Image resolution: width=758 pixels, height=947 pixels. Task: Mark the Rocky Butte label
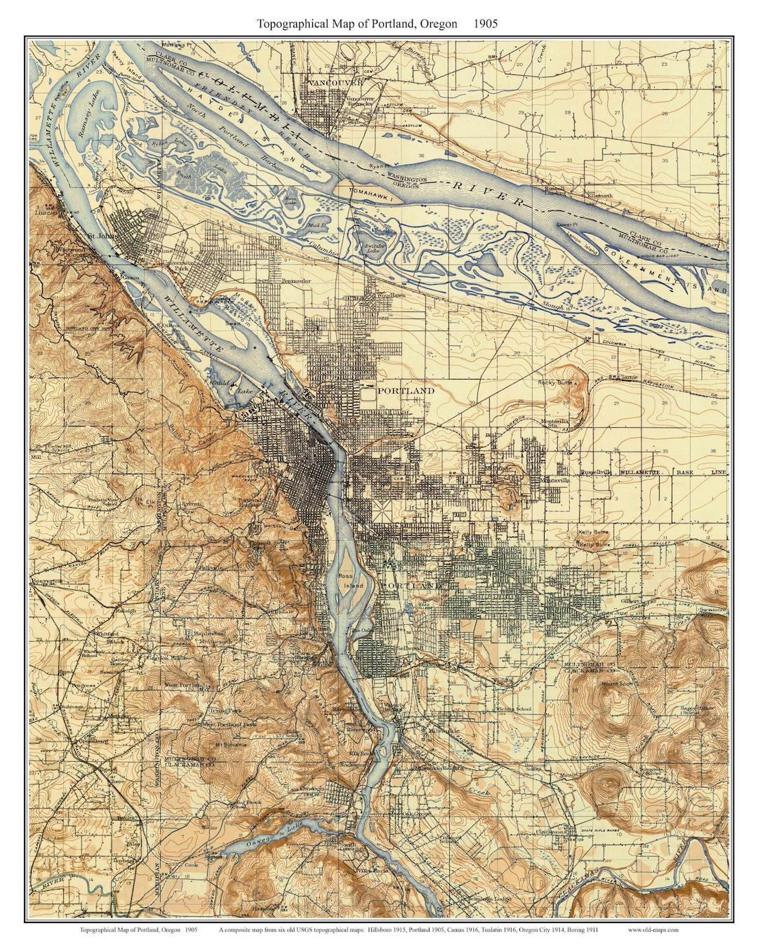(x=556, y=382)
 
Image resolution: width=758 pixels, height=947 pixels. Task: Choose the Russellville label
(x=595, y=473)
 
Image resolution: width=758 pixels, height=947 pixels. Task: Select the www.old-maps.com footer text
(x=653, y=930)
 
